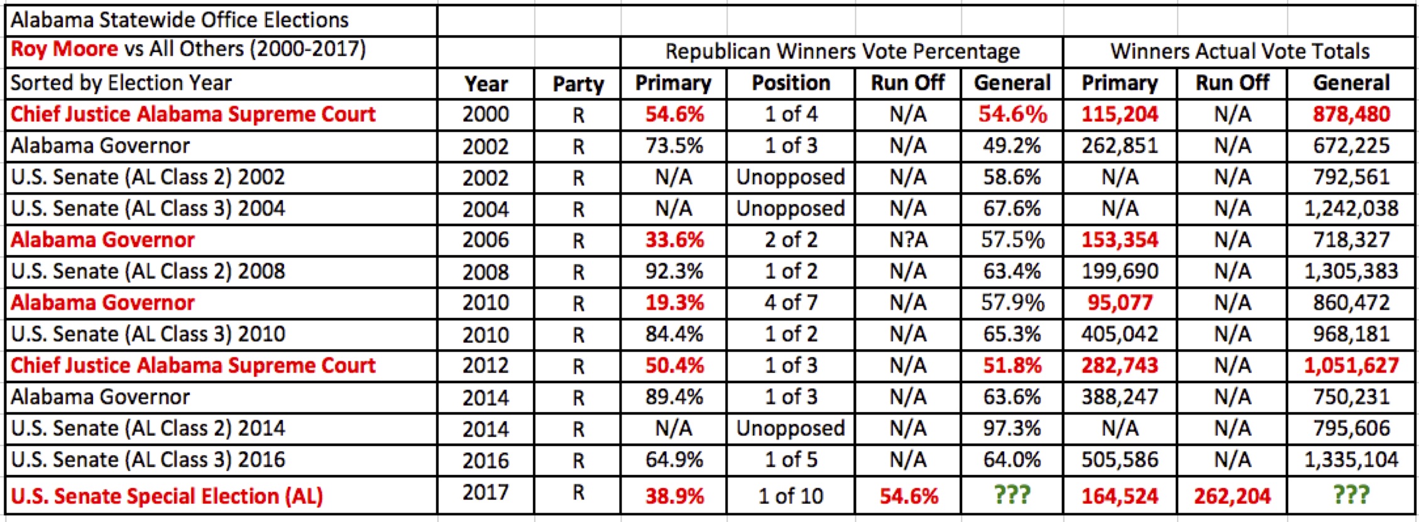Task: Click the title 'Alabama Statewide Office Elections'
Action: tap(180, 20)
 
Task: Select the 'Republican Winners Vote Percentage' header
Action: tap(842, 52)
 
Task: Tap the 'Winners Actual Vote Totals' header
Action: tap(1239, 52)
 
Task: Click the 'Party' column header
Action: tap(578, 84)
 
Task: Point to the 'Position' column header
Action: tap(791, 83)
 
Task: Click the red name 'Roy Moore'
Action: tap(64, 49)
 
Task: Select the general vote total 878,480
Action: tap(1351, 114)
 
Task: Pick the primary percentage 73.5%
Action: tap(674, 146)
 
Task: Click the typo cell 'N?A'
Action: tap(907, 240)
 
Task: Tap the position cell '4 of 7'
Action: tap(791, 303)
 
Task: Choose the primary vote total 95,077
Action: tap(1120, 303)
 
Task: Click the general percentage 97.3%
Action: tap(1012, 428)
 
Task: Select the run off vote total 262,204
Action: tap(1232, 496)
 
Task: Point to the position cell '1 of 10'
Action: tap(791, 496)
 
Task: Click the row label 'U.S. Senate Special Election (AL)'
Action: tap(167, 496)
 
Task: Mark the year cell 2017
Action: tap(486, 492)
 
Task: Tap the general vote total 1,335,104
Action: tap(1351, 460)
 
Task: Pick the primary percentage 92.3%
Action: tap(674, 271)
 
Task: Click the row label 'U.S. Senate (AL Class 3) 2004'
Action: tap(148, 209)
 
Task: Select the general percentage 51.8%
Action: tap(1012, 366)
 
